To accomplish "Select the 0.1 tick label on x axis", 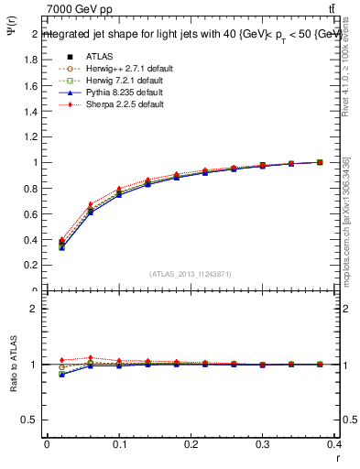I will click(x=119, y=445).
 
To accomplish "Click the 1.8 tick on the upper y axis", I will click(x=31, y=60).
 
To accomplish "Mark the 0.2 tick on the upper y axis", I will click(x=31, y=266).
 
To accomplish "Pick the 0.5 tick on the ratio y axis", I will click(x=31, y=420).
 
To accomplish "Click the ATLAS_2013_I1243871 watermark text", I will click(x=191, y=274).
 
